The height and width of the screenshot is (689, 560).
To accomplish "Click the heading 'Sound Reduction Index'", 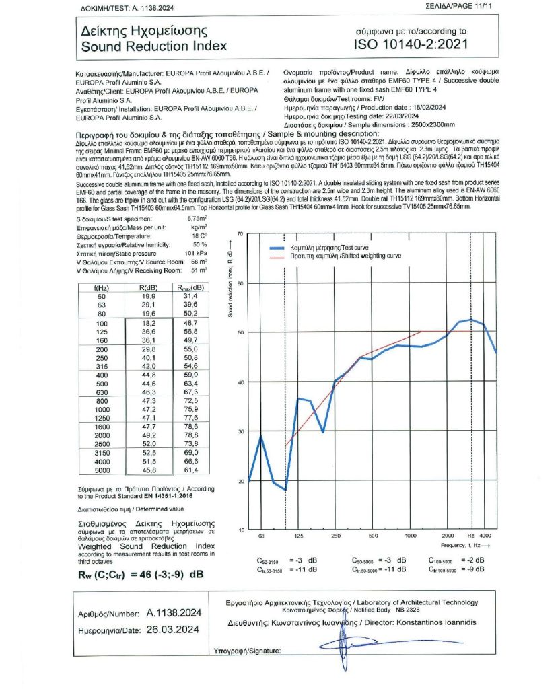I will [154, 46].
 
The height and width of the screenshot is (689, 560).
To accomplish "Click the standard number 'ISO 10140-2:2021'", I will [410, 45].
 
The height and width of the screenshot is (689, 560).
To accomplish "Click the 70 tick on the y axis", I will [240, 233].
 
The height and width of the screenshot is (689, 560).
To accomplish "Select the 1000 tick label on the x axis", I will [410, 536].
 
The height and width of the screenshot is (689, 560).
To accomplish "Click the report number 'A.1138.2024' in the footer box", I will [174, 613].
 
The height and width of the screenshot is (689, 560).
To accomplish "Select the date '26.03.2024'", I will [174, 629].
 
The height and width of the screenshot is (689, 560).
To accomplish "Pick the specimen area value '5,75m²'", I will [195, 219].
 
